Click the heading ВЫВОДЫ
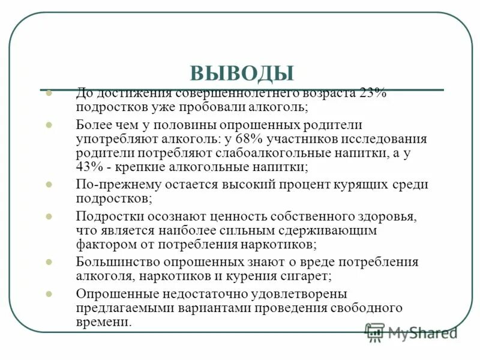point(242,73)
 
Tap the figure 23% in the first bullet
point(374,94)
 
